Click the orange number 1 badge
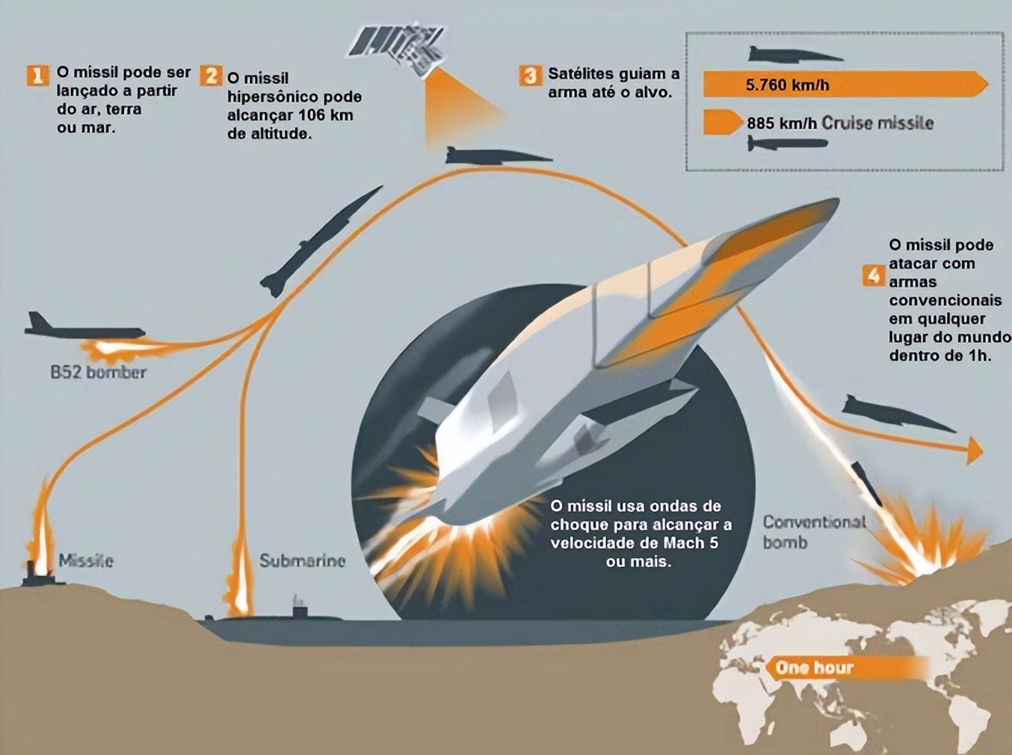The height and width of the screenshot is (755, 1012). click(37, 75)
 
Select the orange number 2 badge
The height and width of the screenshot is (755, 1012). click(211, 75)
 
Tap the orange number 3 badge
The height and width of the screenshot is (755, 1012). click(531, 75)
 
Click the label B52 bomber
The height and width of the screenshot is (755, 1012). click(98, 372)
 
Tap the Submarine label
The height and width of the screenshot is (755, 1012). click(302, 561)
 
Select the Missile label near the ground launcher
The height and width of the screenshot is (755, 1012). click(86, 561)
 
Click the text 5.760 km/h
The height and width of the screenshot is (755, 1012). click(787, 85)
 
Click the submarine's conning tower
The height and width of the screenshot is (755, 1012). click(300, 607)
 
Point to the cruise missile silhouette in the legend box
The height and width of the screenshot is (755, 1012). click(787, 143)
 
